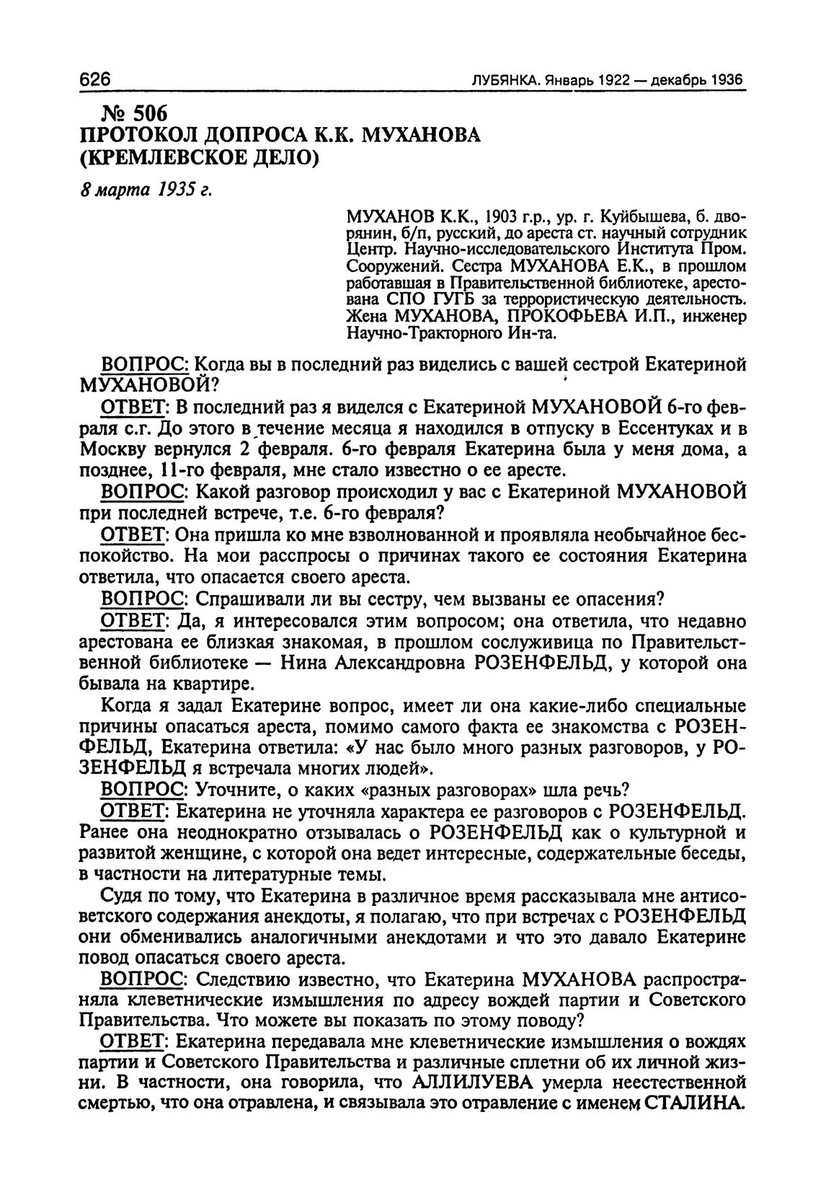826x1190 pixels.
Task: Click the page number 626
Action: [97, 79]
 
